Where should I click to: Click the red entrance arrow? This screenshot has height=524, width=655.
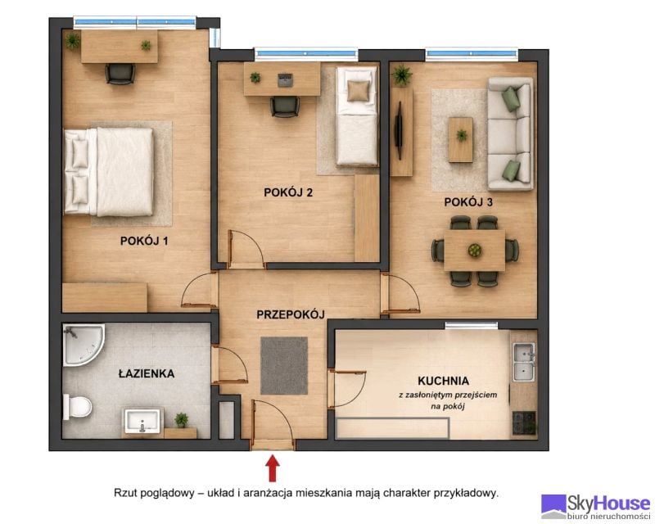pos(273,468)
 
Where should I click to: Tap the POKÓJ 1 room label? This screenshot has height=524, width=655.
pos(144,241)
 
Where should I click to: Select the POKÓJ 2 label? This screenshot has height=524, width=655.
pos(288,192)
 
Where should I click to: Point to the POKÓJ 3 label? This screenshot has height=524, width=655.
pos(468,202)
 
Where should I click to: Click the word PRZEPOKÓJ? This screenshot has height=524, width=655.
pos(291,314)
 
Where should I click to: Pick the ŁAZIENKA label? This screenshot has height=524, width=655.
pos(147,373)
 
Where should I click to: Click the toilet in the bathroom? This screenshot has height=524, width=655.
pos(77,407)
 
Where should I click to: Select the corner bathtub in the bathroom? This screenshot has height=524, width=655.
pos(84,346)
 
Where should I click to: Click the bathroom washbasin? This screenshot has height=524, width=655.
pos(142,421)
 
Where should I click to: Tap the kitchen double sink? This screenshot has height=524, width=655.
pos(524,362)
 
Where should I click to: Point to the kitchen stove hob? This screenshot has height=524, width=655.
pos(524,422)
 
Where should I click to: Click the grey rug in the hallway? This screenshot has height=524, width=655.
pos(284,366)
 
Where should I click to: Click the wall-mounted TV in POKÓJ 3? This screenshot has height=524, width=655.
pos(400,130)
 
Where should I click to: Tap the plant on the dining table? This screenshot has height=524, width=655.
pos(475,251)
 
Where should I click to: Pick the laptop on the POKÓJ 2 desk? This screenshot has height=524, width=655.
pos(285,79)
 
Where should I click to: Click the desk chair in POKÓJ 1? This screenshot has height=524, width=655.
pos(120,74)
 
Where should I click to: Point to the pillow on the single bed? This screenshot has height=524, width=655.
pos(359,91)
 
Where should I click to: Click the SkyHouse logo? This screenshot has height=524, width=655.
pos(596,507)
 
